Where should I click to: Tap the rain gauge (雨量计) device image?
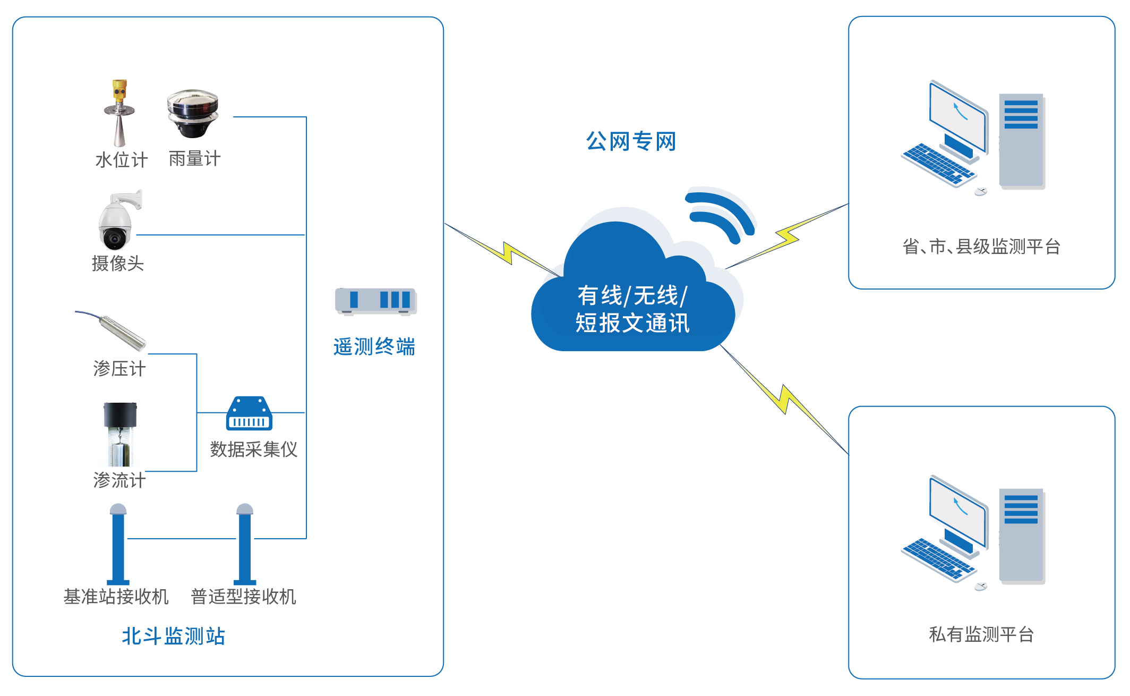pyautogui.click(x=192, y=113)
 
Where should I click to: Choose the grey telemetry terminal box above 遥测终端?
pyautogui.click(x=376, y=301)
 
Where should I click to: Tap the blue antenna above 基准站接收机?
pyautogui.click(x=118, y=545)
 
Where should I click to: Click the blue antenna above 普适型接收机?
pyautogui.click(x=245, y=545)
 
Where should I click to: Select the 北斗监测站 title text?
pyautogui.click(x=174, y=636)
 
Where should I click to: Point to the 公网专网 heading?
pyautogui.click(x=631, y=141)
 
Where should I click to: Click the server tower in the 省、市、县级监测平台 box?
pyautogui.click(x=1021, y=141)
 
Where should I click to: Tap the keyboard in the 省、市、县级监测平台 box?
pyautogui.click(x=938, y=164)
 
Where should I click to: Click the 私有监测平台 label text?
pyautogui.click(x=981, y=634)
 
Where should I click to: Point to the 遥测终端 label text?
pyautogui.click(x=374, y=347)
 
